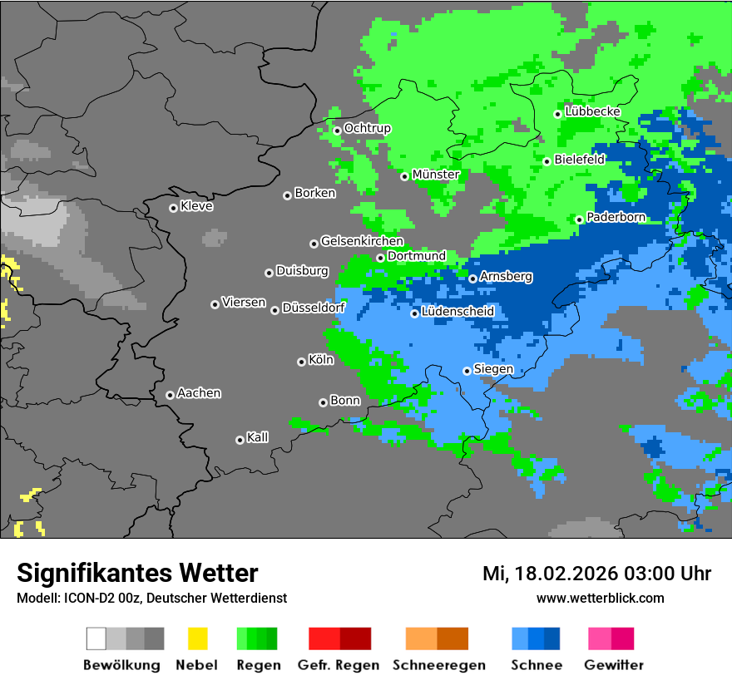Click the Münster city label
[x=436, y=175]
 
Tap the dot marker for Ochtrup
[x=337, y=130]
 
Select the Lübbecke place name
[x=592, y=111]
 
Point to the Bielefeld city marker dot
[x=547, y=161]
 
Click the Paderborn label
[x=616, y=217]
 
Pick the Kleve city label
[x=196, y=206]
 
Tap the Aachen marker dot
[x=170, y=395]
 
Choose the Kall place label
[x=257, y=437]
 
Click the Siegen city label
[x=493, y=369]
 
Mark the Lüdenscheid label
[x=457, y=312]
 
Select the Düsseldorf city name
[x=313, y=308]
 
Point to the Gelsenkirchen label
[x=362, y=241]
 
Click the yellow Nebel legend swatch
[x=197, y=638]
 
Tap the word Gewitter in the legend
[x=614, y=665]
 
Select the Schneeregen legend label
[x=439, y=665]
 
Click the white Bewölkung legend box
[x=96, y=638]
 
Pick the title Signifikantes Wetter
[x=137, y=573]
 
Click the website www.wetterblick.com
[x=600, y=598]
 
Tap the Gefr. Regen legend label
[x=339, y=665]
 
